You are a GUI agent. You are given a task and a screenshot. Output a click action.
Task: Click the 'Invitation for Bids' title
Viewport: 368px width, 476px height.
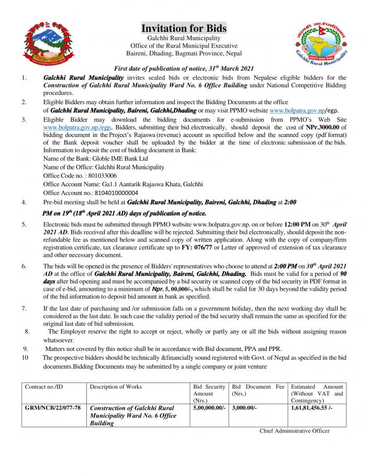pyautogui.click(x=184, y=28)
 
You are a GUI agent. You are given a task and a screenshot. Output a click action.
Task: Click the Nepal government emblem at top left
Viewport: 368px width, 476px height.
pyautogui.click(x=46, y=44)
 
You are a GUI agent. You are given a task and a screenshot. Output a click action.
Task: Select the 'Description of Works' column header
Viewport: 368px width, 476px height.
pyautogui.click(x=116, y=387)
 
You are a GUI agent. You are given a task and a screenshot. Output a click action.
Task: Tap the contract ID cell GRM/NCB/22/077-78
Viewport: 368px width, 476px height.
pyautogui.click(x=53, y=407)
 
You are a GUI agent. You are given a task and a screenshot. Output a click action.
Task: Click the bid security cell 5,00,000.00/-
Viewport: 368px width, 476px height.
pyautogui.click(x=209, y=407)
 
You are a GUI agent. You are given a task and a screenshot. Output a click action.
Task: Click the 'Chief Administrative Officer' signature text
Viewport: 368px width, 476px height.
pyautogui.click(x=295, y=430)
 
